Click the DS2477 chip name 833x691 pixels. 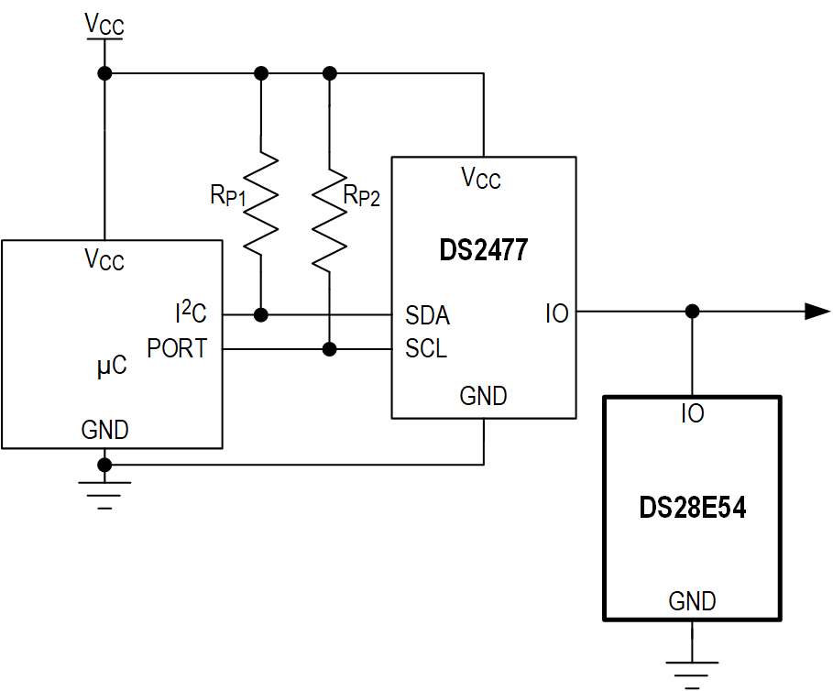tap(484, 250)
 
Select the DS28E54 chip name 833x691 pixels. tap(692, 508)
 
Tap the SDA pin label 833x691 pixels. tap(427, 316)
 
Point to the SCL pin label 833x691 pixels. tap(426, 349)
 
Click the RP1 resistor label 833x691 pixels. tap(228, 194)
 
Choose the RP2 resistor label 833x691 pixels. tap(361, 195)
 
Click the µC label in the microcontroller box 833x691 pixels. tap(111, 367)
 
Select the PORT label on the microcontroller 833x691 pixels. tap(177, 349)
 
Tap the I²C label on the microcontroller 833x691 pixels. tap(191, 313)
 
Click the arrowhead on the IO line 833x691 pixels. tap(817, 312)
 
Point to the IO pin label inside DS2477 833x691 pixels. tap(556, 314)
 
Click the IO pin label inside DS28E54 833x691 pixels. tap(692, 414)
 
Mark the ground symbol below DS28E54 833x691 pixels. tap(692, 670)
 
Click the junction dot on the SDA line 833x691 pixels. tap(261, 315)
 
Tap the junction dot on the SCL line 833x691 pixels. tap(330, 349)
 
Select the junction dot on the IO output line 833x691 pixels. tap(692, 312)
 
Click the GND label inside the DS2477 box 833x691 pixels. tap(483, 396)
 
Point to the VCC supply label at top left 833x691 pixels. tap(104, 25)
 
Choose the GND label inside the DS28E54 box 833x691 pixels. tap(692, 601)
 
